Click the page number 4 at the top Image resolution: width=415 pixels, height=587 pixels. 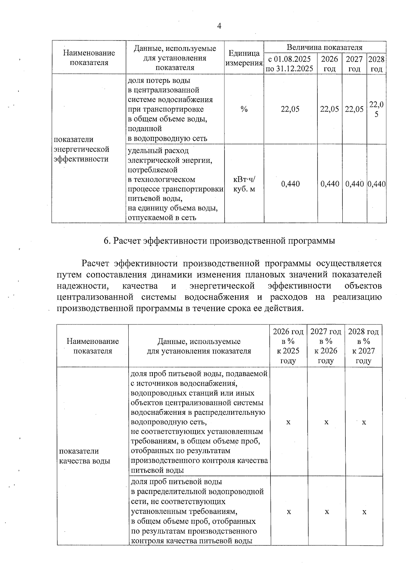pos(219,26)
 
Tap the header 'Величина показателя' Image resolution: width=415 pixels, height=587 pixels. pos(324,47)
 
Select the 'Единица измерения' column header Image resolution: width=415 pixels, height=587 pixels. pos(244,58)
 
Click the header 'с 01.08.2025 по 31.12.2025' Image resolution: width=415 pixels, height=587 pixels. pos(290,64)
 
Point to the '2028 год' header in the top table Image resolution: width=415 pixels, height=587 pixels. pos(376,64)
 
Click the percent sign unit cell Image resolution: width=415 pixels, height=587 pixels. pos(244,109)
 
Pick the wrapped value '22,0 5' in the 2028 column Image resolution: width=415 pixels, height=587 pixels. pos(376,109)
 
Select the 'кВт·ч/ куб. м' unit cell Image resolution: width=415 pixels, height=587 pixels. pos(244,184)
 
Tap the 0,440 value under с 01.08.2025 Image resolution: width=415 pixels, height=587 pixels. pos(290,184)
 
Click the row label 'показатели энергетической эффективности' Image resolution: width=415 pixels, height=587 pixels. pos(81,149)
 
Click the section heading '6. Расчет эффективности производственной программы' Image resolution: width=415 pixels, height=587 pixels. pos(219,241)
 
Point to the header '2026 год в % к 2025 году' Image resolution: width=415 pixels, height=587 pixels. pos(288,346)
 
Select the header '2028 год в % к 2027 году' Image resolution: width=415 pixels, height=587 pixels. pos(363,346)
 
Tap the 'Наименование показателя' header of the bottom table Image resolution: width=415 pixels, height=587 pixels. pos(93,346)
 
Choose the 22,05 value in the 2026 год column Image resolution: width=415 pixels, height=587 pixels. pos(329,109)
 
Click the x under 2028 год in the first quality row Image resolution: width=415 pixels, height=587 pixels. pos(364,422)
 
